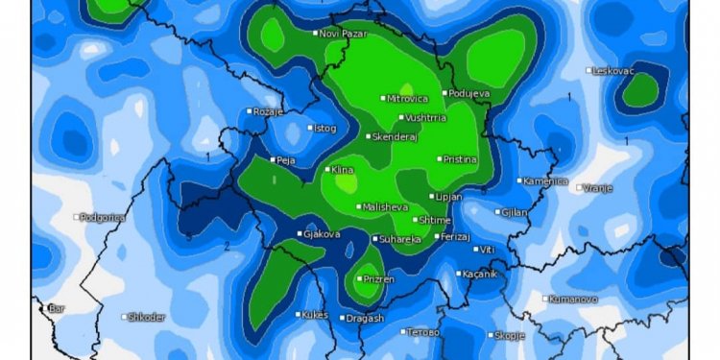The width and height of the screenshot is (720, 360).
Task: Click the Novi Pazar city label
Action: [x=344, y=34]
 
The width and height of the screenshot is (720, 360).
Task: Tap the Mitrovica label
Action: [x=408, y=98]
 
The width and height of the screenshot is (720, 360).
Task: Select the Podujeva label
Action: [x=470, y=93]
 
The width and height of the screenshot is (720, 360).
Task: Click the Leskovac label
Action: [x=615, y=71]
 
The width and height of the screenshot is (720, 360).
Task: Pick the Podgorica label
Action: [x=105, y=218]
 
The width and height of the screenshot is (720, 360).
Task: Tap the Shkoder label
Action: [x=147, y=317]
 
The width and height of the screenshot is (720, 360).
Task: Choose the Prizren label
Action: [x=378, y=279]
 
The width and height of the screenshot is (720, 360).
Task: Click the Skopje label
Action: [x=509, y=335]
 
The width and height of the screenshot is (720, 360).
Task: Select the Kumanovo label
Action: [x=573, y=299]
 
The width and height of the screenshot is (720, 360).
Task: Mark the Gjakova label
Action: [x=322, y=234]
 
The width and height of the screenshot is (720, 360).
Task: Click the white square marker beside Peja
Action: [x=274, y=160]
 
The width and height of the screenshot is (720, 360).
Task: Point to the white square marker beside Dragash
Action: [x=343, y=318]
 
